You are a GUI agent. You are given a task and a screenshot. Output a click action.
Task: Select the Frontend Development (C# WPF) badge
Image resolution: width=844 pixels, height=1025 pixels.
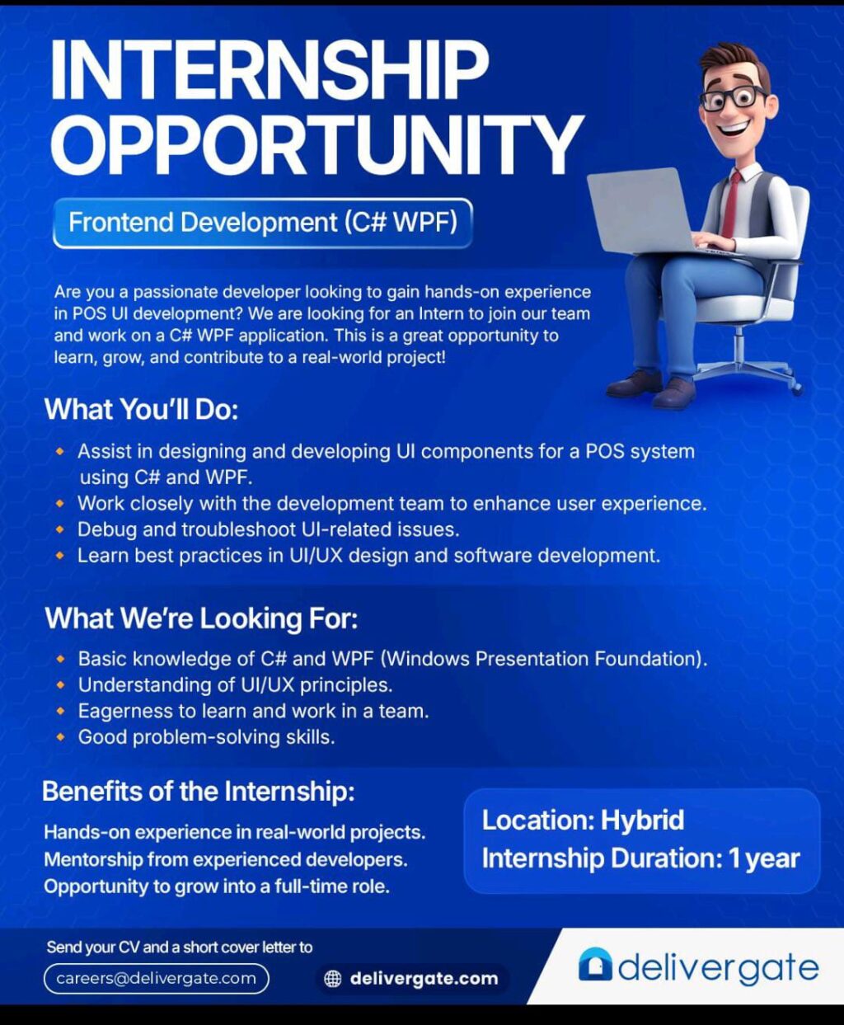[x=262, y=223]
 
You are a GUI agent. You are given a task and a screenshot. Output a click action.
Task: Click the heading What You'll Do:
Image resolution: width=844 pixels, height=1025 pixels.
[x=141, y=409]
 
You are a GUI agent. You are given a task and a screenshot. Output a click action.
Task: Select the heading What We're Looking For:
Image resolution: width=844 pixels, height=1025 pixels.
[x=201, y=618]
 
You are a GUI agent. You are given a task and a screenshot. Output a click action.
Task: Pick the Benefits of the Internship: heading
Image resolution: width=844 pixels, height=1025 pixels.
[x=198, y=792]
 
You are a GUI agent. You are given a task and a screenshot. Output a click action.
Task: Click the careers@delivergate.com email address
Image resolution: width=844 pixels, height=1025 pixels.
[x=156, y=979]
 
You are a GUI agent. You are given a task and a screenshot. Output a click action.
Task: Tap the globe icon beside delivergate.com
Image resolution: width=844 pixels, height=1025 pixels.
[x=333, y=979]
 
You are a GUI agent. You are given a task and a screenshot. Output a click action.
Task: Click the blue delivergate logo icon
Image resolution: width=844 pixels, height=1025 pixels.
[x=595, y=965]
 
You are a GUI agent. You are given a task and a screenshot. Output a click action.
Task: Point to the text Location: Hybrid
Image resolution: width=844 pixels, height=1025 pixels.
[x=583, y=820]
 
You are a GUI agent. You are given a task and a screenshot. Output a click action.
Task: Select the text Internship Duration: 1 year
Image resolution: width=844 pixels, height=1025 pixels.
[x=640, y=858]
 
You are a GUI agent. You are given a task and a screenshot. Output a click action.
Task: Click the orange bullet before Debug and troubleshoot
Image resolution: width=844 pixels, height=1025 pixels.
[x=60, y=529]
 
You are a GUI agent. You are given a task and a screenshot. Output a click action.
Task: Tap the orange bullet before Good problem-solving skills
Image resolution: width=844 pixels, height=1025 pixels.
[x=60, y=737]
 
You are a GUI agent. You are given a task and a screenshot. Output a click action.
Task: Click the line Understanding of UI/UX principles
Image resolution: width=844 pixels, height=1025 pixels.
[x=235, y=685]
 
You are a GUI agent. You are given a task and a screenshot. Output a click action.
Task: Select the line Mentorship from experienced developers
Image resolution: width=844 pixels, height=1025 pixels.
[x=225, y=859]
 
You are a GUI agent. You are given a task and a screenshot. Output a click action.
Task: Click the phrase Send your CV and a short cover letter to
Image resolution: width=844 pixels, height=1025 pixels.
[x=179, y=947]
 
